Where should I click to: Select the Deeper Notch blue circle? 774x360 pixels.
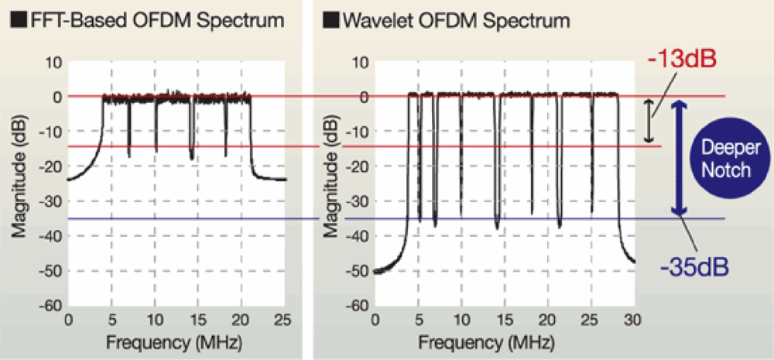[x=725, y=159]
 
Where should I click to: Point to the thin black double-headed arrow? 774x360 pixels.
[x=651, y=121]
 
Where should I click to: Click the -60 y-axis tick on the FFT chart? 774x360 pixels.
[x=51, y=306]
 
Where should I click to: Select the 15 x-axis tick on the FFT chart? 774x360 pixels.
[x=199, y=320]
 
